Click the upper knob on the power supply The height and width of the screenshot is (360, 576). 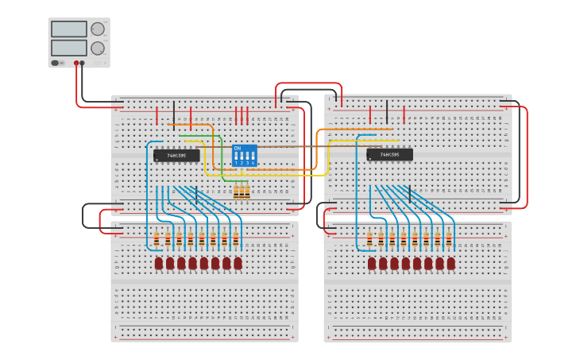pos(97,29)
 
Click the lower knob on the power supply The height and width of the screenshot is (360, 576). pos(97,48)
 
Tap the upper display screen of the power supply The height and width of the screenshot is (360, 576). pos(68,29)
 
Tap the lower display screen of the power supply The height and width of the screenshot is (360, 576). pos(68,48)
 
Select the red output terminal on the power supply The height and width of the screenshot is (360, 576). pos(76,63)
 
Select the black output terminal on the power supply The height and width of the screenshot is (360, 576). pos(83,63)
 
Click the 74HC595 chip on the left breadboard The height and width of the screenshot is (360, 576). pos(176,155)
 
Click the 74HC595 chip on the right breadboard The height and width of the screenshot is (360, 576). pos(389,154)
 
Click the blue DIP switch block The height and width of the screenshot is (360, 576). pos(244,154)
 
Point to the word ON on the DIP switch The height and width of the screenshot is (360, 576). pos(237,149)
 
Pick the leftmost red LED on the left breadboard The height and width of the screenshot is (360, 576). pos(159,262)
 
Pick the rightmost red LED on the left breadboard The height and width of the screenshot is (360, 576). pos(238,262)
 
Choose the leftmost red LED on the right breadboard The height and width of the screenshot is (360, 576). pos(372,262)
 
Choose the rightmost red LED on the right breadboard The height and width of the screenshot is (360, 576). pos(450,262)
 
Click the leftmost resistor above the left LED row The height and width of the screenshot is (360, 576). pos(157,238)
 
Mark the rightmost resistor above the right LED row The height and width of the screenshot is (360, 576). pos(448,238)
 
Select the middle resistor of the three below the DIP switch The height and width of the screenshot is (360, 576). pos(242,192)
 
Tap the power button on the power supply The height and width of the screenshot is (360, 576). pos(56,63)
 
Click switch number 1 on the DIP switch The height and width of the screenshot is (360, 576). pos(236,156)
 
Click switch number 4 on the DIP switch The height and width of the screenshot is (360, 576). pos(253,156)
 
